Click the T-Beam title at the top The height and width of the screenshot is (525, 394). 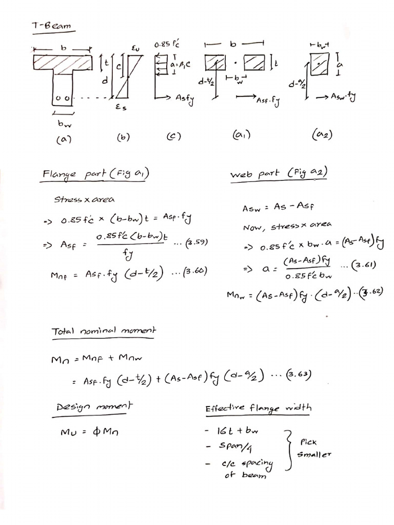pyautogui.click(x=51, y=25)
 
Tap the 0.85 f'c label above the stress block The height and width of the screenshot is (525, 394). pyautogui.click(x=164, y=45)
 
